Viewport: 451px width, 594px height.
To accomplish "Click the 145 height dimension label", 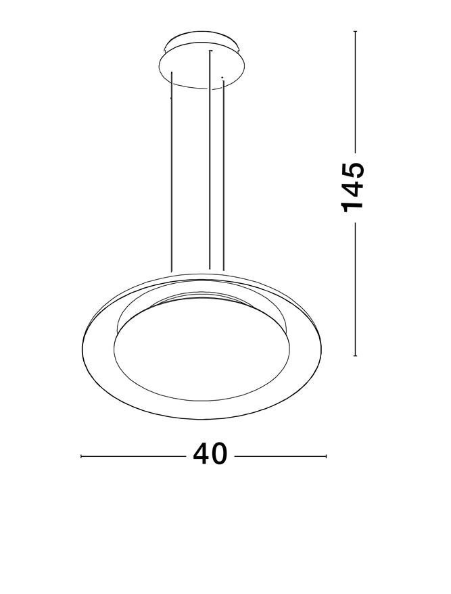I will tap(354, 187).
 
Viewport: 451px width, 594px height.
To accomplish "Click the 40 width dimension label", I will tap(210, 455).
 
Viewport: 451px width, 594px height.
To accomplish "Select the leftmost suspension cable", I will tap(172, 176).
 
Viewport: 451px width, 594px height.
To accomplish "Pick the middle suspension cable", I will tap(210, 162).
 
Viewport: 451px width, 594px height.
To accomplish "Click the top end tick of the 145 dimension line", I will tap(354, 31).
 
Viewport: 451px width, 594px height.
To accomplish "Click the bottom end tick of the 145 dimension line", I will tap(354, 355).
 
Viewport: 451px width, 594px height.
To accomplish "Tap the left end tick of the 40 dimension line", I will tap(82, 456).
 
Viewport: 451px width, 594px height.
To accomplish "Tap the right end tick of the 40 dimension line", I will tap(326, 456).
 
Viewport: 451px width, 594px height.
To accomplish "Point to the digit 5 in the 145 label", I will tap(354, 169).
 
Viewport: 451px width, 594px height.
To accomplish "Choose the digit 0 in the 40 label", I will tap(220, 455).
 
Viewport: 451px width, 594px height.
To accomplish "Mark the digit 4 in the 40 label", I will tap(201, 455).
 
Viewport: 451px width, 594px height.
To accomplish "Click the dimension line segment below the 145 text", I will tap(354, 291).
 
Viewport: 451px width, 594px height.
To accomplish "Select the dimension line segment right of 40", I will tap(281, 456).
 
